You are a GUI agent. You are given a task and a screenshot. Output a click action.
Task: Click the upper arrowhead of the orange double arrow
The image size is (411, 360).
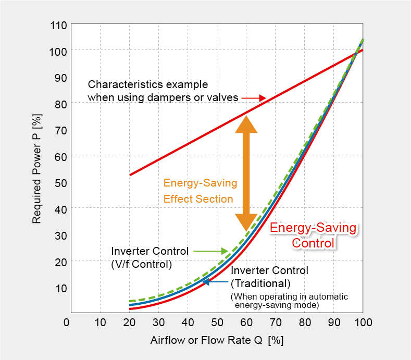point(246,124)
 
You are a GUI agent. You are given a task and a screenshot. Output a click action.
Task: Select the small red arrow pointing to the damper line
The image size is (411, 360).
point(255,98)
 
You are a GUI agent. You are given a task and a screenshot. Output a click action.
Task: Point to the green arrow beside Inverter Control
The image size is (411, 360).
point(211,251)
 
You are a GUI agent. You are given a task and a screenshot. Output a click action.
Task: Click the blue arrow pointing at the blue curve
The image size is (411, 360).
point(215,282)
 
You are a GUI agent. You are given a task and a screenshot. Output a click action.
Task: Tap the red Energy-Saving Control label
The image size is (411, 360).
point(313,235)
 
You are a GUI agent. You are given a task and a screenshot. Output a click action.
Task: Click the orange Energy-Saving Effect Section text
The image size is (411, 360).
point(200,191)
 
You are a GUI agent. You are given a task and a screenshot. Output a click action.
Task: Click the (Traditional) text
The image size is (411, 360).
point(260,283)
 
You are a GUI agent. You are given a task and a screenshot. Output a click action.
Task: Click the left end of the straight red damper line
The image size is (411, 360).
point(130,175)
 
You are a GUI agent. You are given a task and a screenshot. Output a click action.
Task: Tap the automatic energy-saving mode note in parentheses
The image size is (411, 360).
point(289,300)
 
